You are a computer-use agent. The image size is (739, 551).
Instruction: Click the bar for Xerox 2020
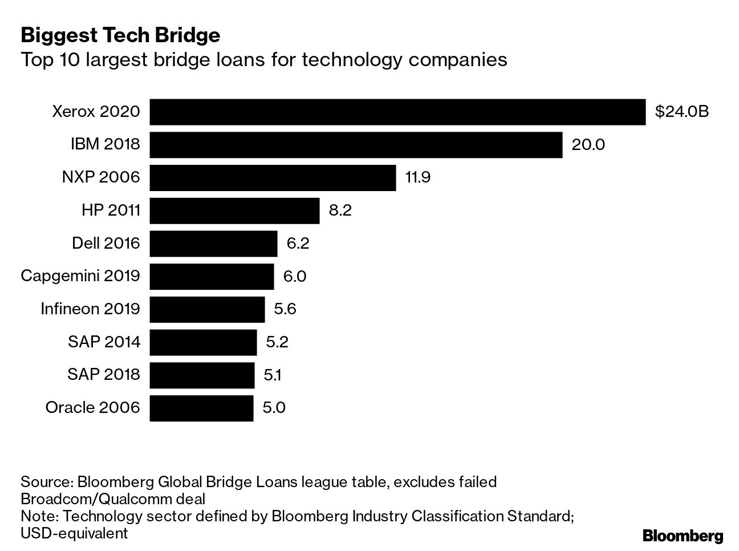point(397,112)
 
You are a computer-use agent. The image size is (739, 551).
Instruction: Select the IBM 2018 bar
point(356,145)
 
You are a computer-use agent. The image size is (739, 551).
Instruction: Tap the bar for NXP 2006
point(273,177)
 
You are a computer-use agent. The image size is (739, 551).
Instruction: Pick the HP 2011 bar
point(234,210)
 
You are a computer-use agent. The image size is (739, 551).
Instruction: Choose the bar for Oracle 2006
point(201,408)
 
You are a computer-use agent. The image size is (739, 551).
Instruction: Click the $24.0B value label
point(681,112)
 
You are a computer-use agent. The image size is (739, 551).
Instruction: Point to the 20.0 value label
point(588,145)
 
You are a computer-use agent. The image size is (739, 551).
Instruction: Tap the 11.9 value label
point(417,177)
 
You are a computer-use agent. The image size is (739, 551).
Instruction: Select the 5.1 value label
point(272,375)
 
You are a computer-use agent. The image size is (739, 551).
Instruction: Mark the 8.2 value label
point(340,210)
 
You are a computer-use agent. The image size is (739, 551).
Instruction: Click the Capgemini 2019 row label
point(80,276)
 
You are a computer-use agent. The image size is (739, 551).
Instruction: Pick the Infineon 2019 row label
point(90,309)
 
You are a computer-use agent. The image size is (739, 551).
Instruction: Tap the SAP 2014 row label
point(103,342)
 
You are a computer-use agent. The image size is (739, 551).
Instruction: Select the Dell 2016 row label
point(105,244)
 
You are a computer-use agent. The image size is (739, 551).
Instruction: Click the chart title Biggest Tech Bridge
point(120,35)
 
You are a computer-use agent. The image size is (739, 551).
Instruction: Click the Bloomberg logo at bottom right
point(683,536)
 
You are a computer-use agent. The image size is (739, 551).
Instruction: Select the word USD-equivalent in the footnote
point(74,533)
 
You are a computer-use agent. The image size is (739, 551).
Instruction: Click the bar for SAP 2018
point(202,375)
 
